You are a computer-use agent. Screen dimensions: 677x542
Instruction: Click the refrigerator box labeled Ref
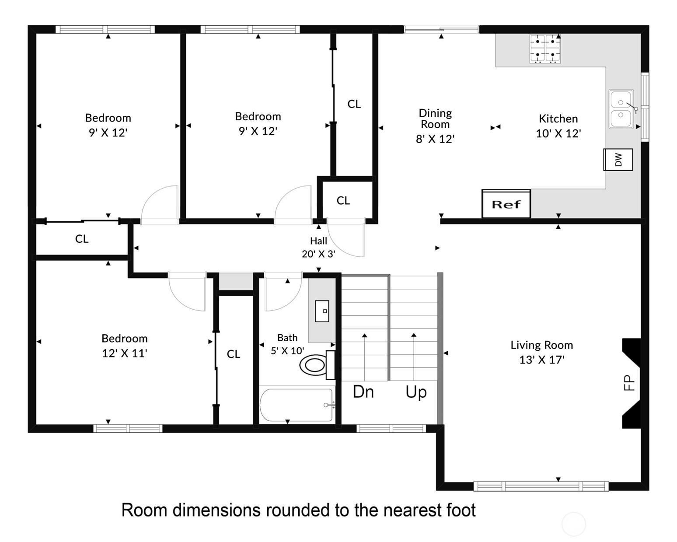[x=506, y=204]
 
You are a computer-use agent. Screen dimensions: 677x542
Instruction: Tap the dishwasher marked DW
[x=618, y=160]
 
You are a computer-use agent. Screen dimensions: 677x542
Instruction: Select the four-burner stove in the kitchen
[x=545, y=49]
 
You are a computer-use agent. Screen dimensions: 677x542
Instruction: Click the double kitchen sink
[x=621, y=109]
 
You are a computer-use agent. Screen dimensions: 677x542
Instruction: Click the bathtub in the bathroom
[x=297, y=405]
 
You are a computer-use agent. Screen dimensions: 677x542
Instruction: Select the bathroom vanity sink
[x=322, y=311]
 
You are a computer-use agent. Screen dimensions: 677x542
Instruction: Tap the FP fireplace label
[x=629, y=383]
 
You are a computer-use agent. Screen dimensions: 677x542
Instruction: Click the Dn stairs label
[x=363, y=392]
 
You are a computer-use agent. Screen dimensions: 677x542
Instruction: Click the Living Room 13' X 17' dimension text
[x=542, y=360]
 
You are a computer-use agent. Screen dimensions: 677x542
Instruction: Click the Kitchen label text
[x=558, y=119]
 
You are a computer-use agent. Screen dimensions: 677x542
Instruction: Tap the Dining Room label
[x=435, y=119]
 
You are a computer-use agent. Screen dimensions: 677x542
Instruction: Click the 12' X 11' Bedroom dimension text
[x=125, y=353]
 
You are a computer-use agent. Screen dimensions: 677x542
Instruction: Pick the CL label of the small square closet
[x=343, y=200]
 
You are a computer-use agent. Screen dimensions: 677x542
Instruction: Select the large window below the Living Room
[x=541, y=486]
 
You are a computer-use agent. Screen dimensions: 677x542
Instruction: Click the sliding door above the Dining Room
[x=441, y=30]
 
